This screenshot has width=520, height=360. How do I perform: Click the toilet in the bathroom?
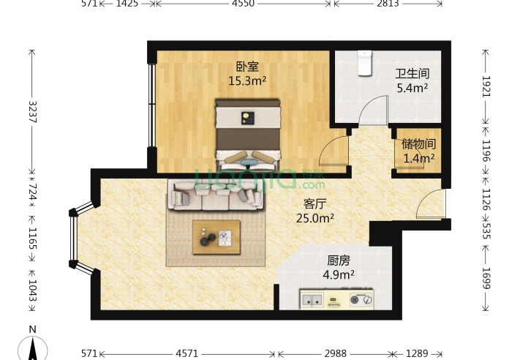click(363, 63)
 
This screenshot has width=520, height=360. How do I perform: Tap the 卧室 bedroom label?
click(246, 67)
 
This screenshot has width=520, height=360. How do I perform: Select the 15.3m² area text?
click(246, 81)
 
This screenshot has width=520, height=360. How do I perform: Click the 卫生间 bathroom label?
click(412, 74)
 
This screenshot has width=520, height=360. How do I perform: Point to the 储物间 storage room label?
click(418, 144)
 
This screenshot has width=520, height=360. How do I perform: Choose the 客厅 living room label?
click(315, 203)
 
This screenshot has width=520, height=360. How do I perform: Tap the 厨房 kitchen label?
click(336, 260)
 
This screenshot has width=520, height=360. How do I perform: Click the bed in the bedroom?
click(247, 132)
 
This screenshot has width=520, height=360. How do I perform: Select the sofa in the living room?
click(216, 194)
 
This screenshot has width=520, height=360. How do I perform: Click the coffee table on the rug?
click(216, 236)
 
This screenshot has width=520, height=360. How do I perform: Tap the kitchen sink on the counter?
click(312, 299)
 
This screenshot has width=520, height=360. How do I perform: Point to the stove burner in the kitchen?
click(361, 299)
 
